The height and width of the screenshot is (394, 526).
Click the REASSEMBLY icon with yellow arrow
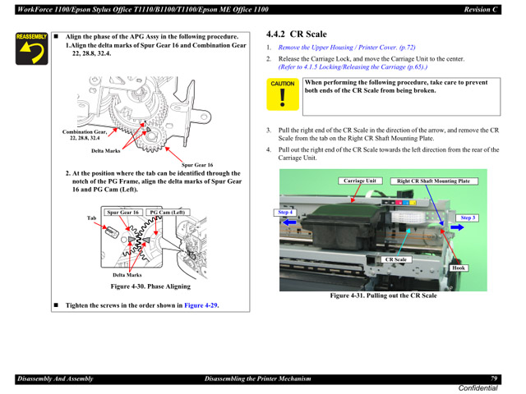click(x=31, y=50)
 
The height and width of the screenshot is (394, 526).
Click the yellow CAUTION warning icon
click(x=283, y=96)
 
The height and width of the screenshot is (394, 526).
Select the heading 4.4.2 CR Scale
click(x=297, y=34)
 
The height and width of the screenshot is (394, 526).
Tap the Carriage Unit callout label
click(x=359, y=181)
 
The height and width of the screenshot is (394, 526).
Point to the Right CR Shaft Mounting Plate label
click(x=433, y=181)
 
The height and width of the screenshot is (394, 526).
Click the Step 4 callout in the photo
click(x=285, y=213)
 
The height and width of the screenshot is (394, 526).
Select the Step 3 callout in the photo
click(x=468, y=218)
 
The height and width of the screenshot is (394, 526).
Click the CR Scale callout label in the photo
click(x=395, y=259)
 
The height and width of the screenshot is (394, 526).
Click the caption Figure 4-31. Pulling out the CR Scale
click(x=383, y=295)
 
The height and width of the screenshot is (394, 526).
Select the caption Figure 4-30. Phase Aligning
click(x=150, y=286)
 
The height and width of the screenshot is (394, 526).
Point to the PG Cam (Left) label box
click(x=167, y=212)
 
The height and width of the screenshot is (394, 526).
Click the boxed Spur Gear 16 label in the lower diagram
click(x=123, y=212)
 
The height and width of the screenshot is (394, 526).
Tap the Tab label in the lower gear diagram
click(x=92, y=218)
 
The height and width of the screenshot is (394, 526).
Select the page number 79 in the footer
click(x=495, y=378)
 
